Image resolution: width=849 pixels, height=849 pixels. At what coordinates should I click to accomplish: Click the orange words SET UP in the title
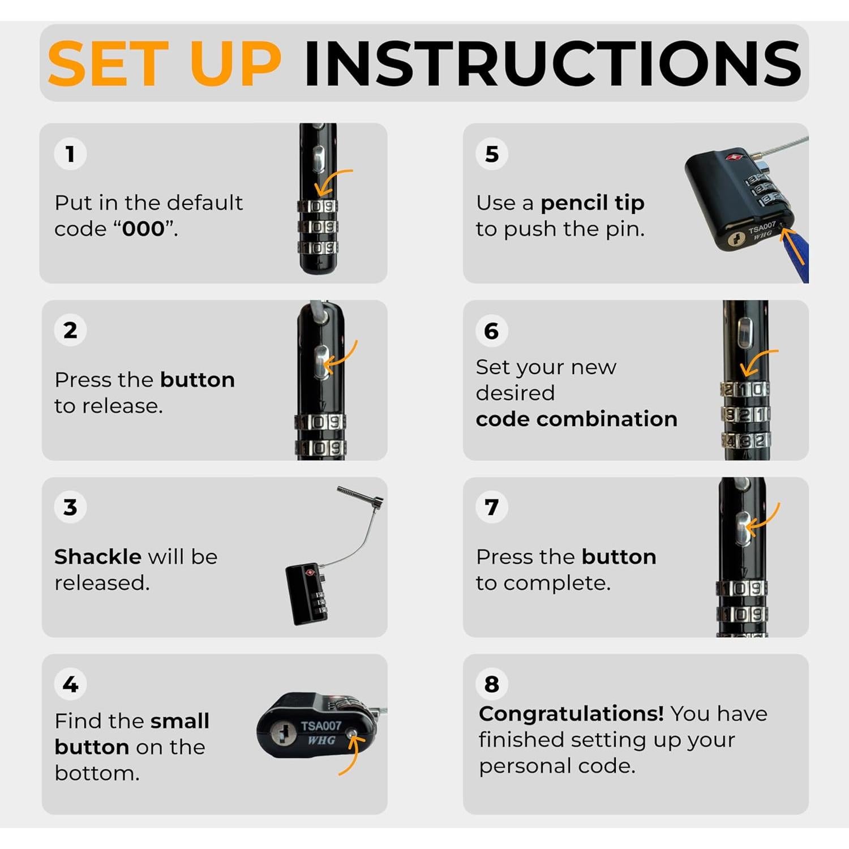165,64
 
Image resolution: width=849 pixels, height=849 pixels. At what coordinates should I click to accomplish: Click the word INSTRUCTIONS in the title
552,64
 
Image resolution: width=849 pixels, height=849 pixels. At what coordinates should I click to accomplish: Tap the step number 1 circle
70,154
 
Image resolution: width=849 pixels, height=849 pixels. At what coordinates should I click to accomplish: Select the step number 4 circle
70,684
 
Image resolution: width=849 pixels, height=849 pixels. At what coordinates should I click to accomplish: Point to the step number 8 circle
492,684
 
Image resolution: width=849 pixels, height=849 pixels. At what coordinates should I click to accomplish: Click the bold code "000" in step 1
144,229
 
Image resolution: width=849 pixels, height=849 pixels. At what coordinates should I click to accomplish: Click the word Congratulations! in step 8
571,714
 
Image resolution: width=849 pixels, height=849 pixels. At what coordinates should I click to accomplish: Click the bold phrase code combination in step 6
576,419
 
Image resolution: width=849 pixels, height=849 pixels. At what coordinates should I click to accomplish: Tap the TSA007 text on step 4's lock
321,726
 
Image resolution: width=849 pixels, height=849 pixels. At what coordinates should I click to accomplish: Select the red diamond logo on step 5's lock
735,155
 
